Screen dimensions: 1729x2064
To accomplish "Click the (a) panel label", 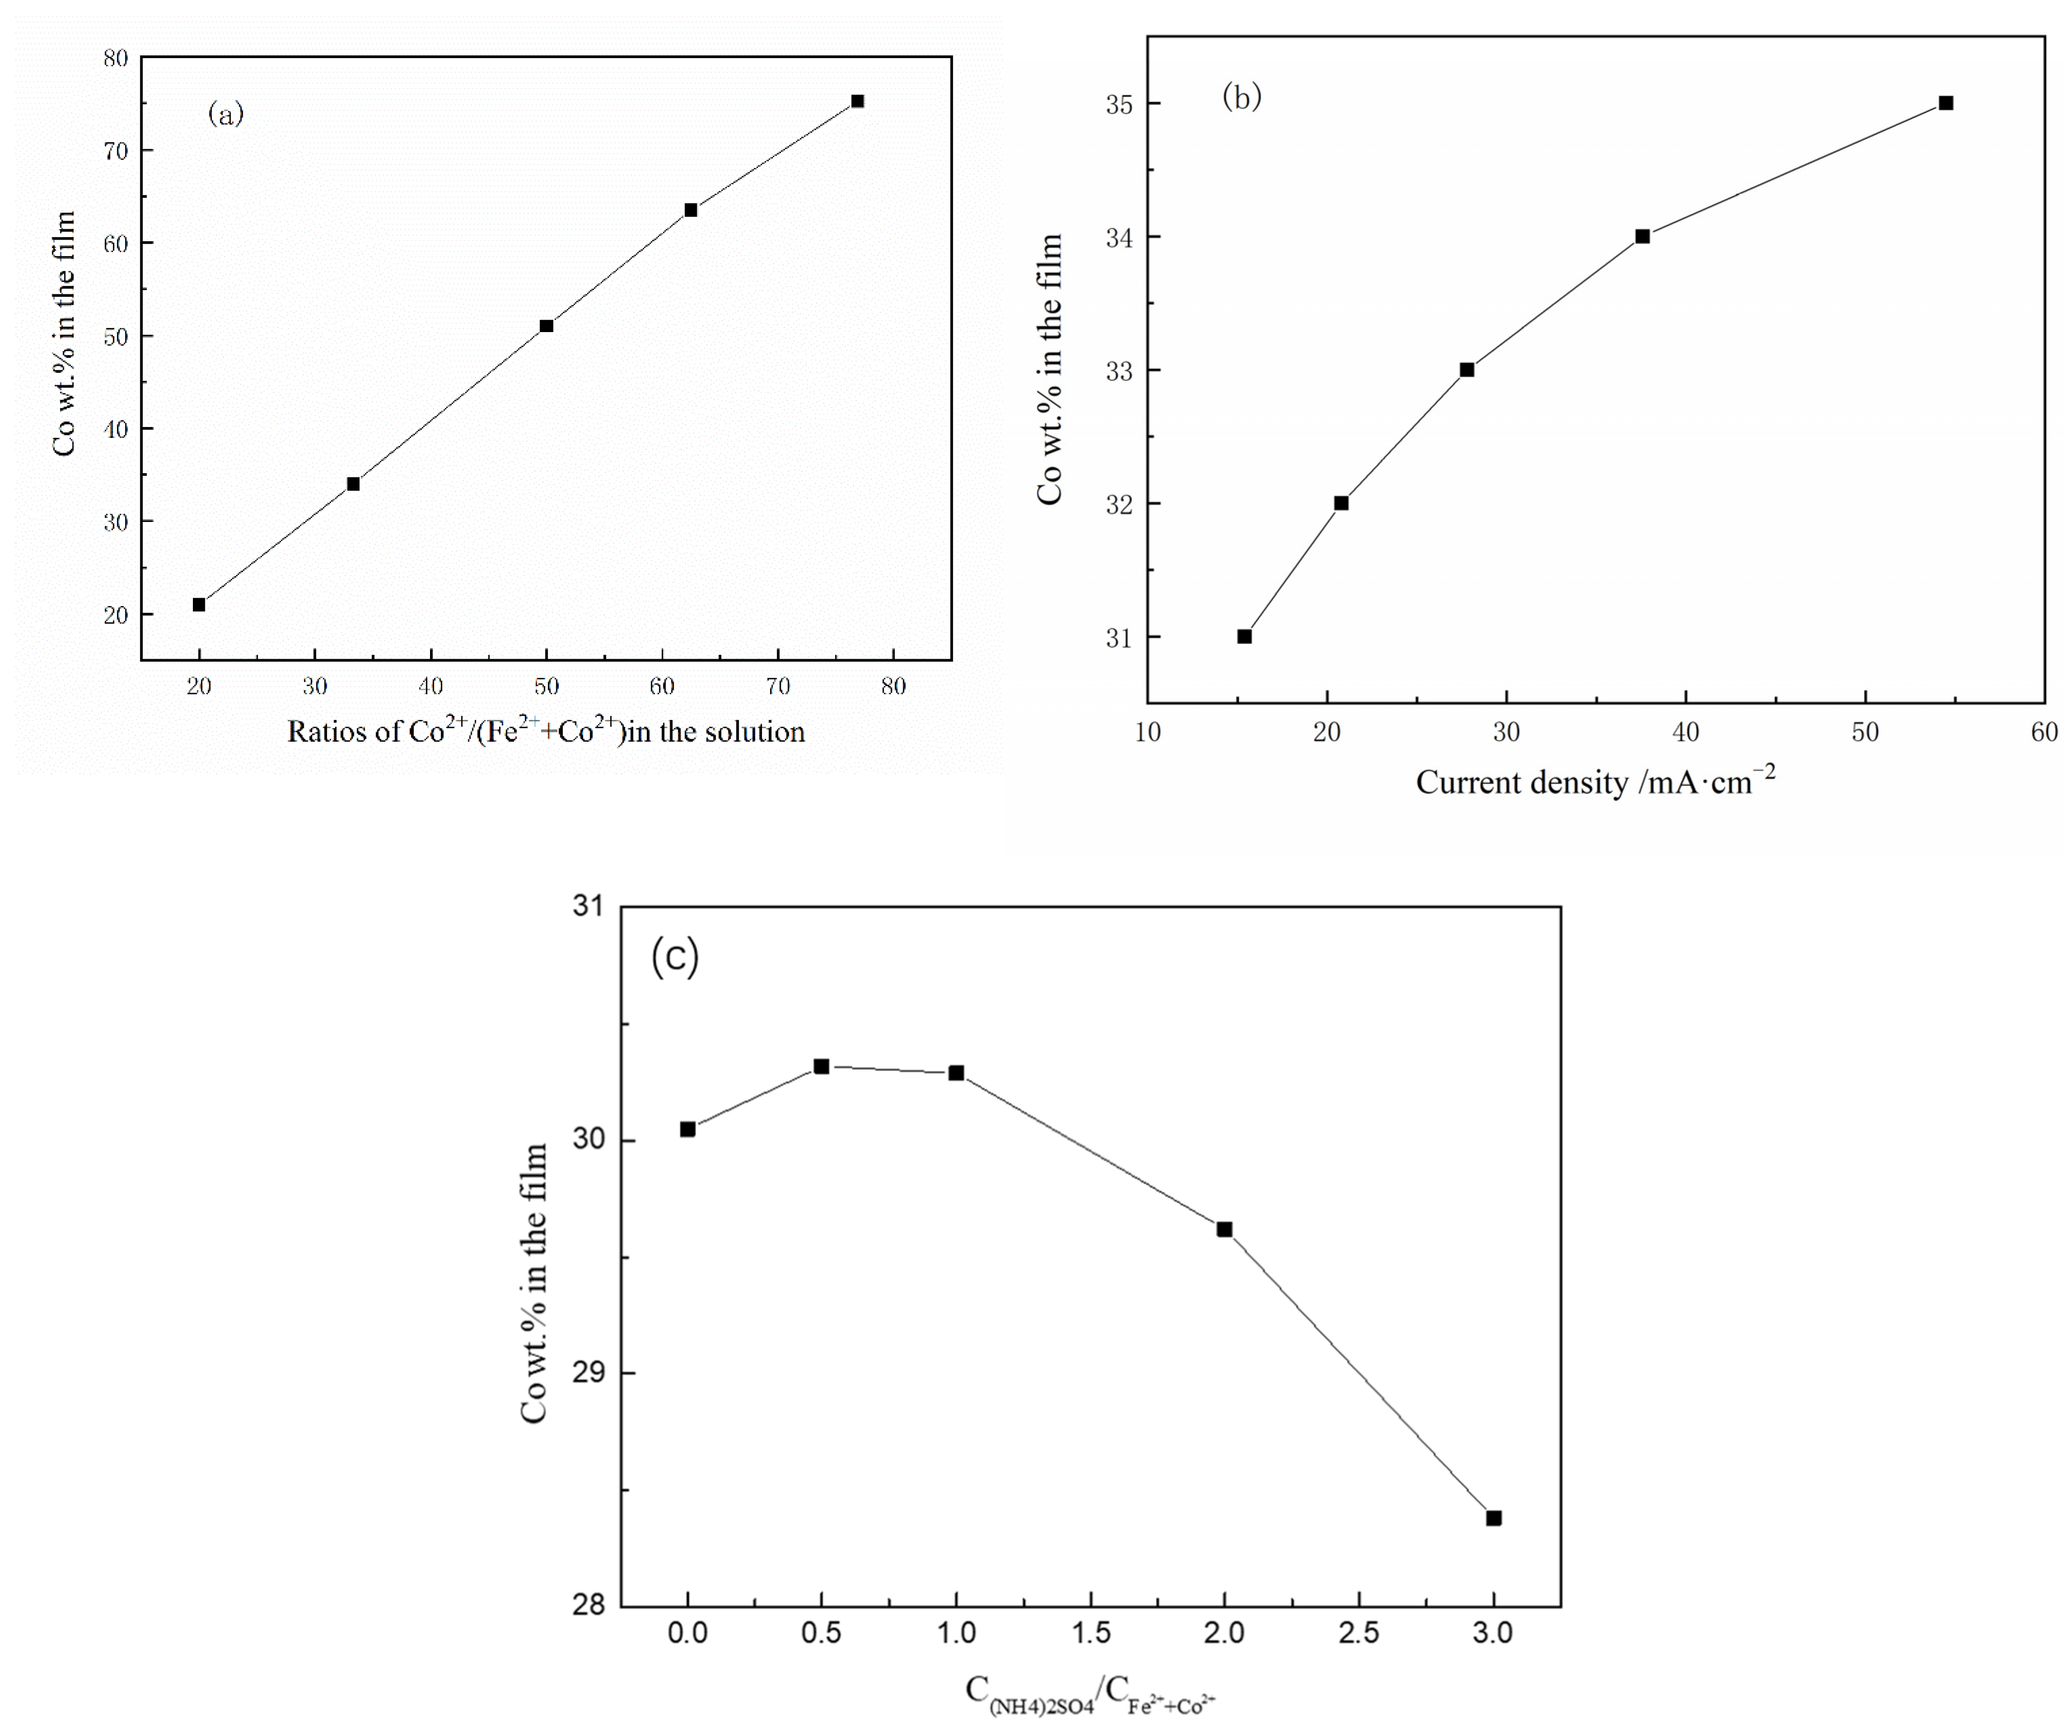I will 225,114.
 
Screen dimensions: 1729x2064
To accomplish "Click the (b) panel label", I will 1241,96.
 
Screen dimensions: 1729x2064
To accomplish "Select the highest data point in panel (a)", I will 857,101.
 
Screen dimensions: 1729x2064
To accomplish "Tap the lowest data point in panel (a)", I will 198,605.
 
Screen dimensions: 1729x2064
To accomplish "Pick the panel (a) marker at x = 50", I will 546,325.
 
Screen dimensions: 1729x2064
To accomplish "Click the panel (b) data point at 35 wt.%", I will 1945,103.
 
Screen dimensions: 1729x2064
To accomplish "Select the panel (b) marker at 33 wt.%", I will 1466,369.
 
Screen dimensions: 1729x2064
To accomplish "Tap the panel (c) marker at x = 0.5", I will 822,1066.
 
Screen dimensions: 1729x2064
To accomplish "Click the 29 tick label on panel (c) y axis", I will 588,1373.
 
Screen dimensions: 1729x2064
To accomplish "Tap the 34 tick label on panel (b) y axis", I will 1118,237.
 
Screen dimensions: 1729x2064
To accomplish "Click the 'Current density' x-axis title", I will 1594,782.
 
